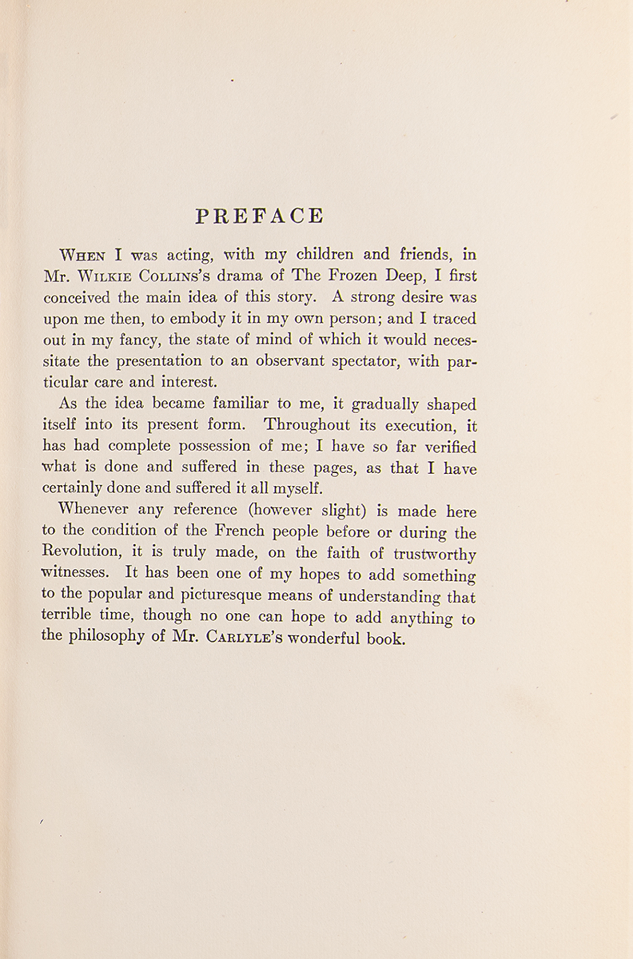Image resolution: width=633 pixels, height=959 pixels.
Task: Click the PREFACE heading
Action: (x=259, y=216)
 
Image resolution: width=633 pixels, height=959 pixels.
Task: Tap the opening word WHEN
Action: (x=82, y=255)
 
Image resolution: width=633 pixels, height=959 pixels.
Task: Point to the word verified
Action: (x=450, y=447)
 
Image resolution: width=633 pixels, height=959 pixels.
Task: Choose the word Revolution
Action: (x=81, y=551)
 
